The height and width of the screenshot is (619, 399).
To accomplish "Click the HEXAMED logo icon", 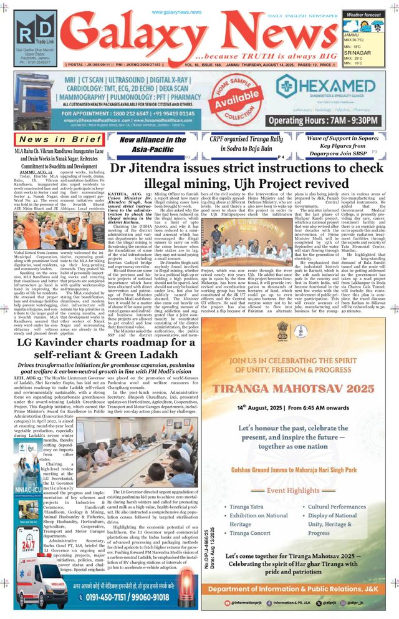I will (x=286, y=86).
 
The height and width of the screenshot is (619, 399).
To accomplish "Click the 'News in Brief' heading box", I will (x=60, y=139).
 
